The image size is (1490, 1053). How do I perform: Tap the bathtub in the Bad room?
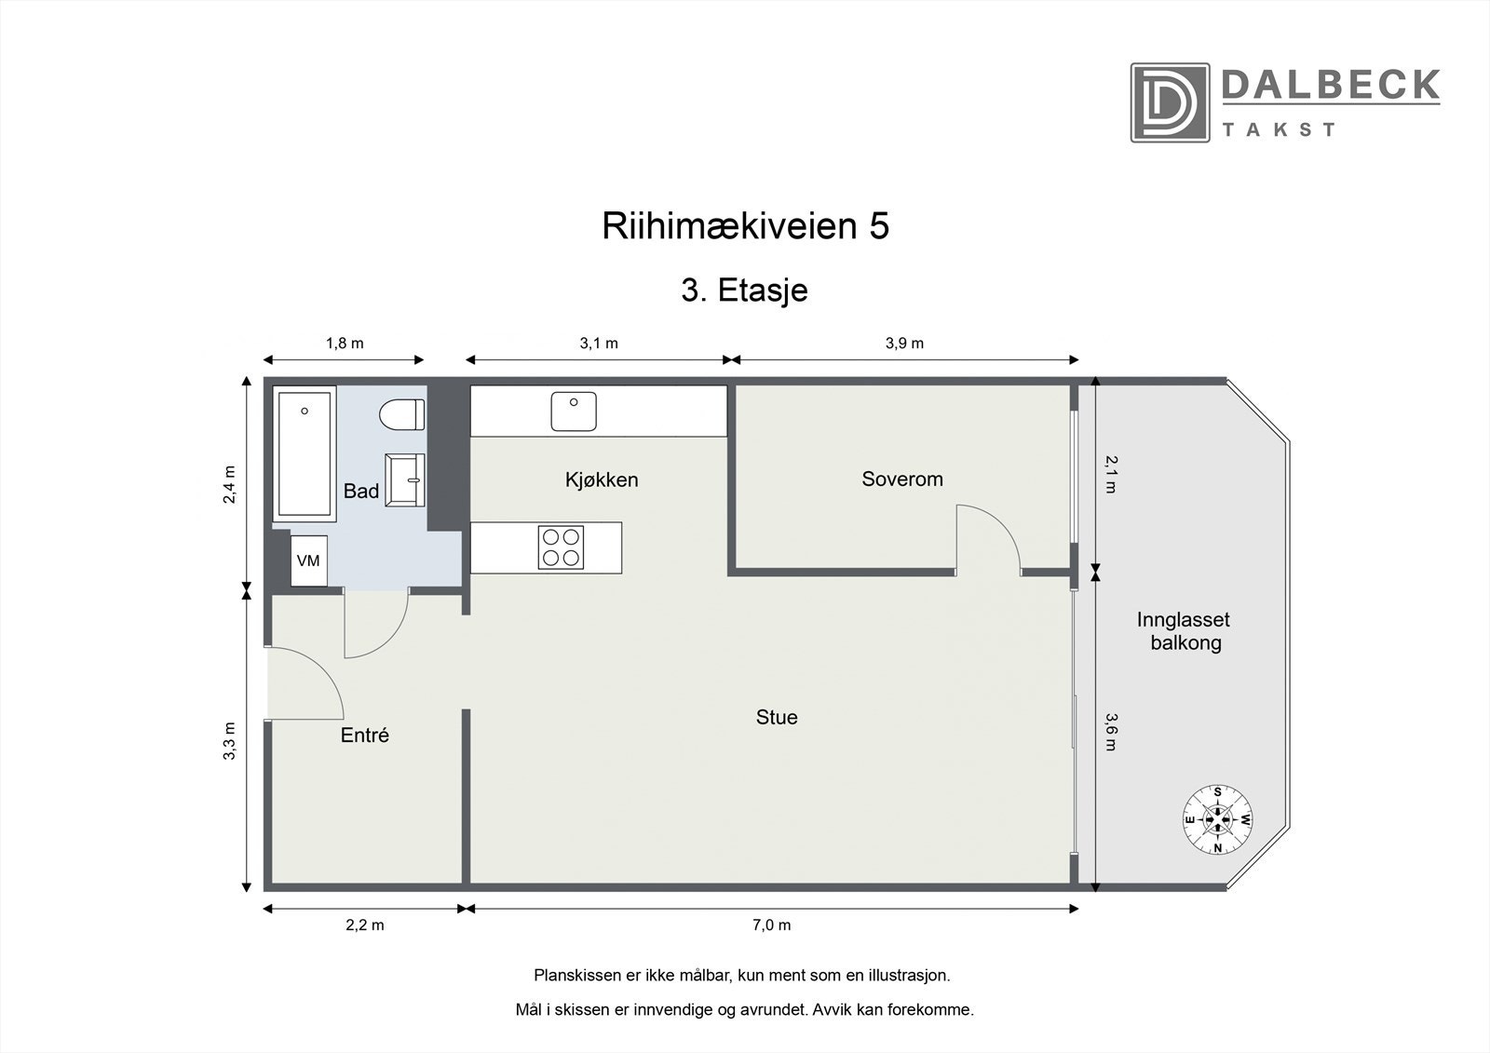coord(304,453)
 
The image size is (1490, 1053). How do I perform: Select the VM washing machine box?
coord(308,560)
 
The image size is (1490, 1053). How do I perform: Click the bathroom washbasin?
coord(406,479)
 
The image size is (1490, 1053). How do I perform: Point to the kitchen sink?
coord(573,412)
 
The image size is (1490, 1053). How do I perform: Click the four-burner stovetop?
coord(561,547)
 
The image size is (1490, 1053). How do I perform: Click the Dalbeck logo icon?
coord(1170,102)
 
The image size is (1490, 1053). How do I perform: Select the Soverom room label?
coord(901,479)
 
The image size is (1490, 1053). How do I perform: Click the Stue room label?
coord(777,718)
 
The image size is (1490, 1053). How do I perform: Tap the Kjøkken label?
coord(602,480)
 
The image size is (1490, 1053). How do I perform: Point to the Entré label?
coord(364,736)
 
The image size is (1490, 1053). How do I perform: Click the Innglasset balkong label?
coord(1184,631)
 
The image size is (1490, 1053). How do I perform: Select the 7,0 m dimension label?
coord(770,925)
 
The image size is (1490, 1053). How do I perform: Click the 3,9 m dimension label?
coord(904,344)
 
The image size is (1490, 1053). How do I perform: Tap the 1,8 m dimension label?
coord(344,344)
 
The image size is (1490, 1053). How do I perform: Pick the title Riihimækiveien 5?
coord(745,226)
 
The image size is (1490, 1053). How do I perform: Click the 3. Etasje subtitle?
coord(744,290)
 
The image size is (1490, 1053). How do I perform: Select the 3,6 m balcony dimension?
coord(1110,731)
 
